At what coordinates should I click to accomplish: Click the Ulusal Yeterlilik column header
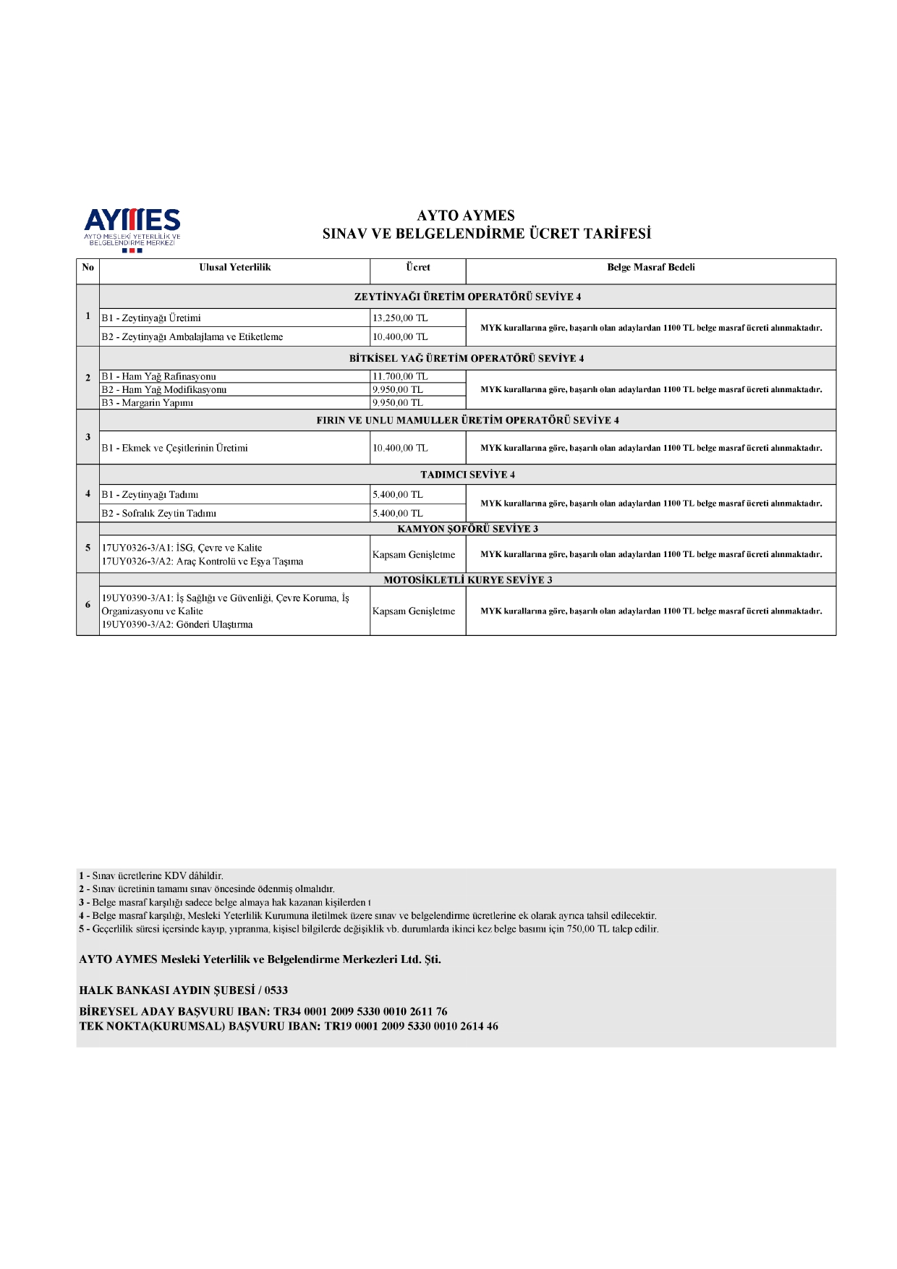(x=234, y=268)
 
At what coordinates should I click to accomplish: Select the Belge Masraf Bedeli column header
(x=650, y=268)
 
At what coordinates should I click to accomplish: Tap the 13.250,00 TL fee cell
(x=400, y=318)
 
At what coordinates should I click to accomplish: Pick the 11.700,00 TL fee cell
(x=400, y=376)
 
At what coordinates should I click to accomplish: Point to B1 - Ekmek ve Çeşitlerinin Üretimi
(x=175, y=449)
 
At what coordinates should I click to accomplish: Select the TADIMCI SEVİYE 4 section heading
(x=467, y=475)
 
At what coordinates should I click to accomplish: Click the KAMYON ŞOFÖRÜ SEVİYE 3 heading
(x=467, y=529)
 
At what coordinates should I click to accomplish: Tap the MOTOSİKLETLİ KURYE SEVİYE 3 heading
(x=467, y=580)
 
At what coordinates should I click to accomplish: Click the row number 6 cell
(x=88, y=605)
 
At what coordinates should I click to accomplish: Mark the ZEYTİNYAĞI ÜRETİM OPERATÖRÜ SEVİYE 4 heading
(x=467, y=297)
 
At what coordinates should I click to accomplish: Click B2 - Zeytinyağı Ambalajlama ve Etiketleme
(x=192, y=337)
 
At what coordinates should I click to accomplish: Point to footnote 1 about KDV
(x=151, y=876)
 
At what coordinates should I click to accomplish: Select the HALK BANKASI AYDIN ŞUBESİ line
(x=183, y=990)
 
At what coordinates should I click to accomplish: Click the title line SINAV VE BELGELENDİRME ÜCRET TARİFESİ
(x=487, y=234)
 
